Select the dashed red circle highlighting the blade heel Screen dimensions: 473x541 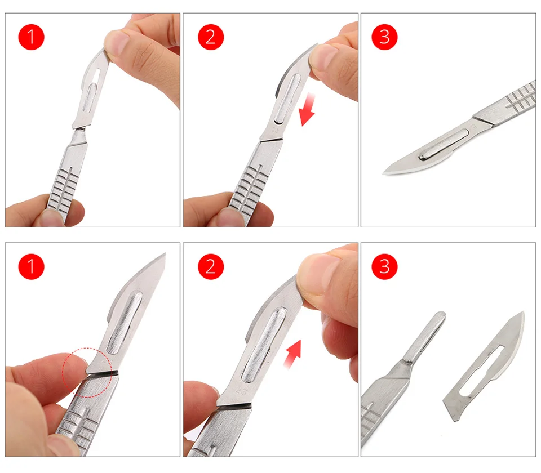point(87,372)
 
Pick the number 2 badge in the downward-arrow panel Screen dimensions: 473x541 point(210,37)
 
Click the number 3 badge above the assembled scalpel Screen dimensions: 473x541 point(385,37)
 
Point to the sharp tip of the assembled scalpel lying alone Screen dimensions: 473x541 point(385,171)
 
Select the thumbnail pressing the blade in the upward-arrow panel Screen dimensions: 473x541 point(318,276)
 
